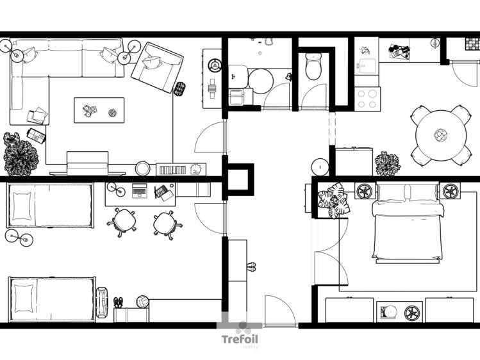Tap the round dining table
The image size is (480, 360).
pyautogui.click(x=440, y=135)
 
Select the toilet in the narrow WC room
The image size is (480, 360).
pyautogui.click(x=313, y=67)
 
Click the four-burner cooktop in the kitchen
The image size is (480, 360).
pyautogui.click(x=368, y=99)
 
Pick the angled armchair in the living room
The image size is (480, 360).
pyautogui.click(x=156, y=67)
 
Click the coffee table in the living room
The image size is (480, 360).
pyautogui.click(x=99, y=111)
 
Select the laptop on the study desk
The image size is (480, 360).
pyautogui.click(x=140, y=190)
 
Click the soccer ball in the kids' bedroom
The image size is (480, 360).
pyautogui.click(x=142, y=301)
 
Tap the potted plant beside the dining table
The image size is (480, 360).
pyautogui.click(x=387, y=163)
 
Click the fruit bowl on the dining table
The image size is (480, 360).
pyautogui.click(x=440, y=135)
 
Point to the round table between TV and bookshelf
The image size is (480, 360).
pyautogui.click(x=142, y=169)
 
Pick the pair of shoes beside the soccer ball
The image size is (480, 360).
pyautogui.click(x=118, y=302)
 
